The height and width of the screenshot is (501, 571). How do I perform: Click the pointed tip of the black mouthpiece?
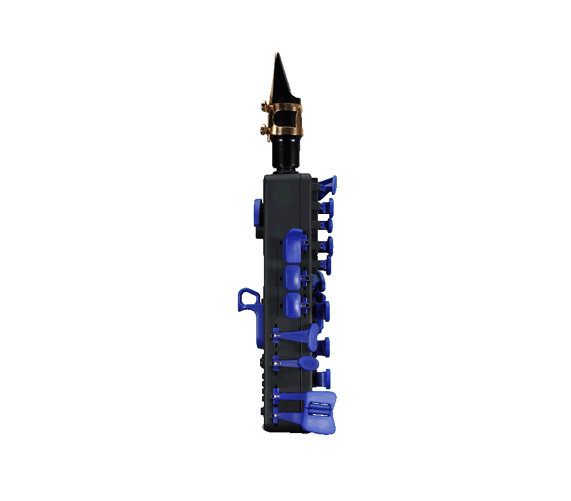(277, 57)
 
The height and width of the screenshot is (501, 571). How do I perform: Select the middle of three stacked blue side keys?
(293, 277)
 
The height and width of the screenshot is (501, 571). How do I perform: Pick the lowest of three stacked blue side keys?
(293, 305)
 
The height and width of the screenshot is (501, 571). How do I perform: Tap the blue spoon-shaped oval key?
(306, 363)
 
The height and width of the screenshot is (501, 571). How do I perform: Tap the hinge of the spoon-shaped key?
(277, 363)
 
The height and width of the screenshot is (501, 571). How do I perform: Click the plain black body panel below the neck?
(285, 197)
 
